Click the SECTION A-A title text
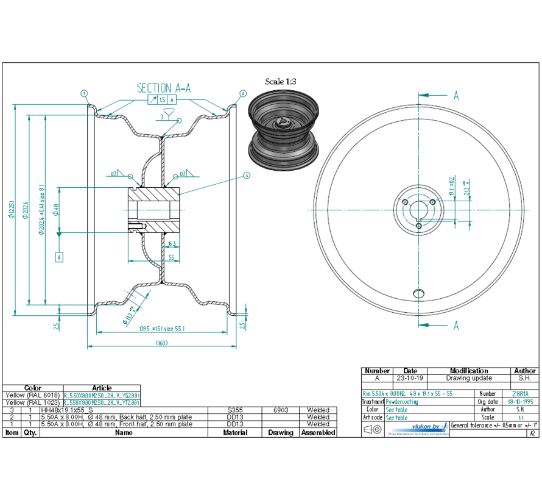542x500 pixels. pyautogui.click(x=164, y=88)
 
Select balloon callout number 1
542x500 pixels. pyautogui.click(x=84, y=93)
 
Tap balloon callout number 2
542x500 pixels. pyautogui.click(x=242, y=93)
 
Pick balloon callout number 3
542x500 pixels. pyautogui.click(x=247, y=176)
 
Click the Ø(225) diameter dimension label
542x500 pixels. pyautogui.click(x=12, y=210)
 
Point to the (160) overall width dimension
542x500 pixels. pyautogui.click(x=161, y=343)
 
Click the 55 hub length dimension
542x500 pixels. pyautogui.click(x=171, y=258)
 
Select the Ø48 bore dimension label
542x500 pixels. pyautogui.click(x=55, y=210)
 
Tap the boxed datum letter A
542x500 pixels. pyautogui.click(x=59, y=257)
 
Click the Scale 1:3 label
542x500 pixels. pyautogui.click(x=281, y=81)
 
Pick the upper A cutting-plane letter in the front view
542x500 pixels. pyautogui.click(x=456, y=95)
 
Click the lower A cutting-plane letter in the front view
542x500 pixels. pyautogui.click(x=456, y=326)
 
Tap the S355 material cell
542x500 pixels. pyautogui.click(x=235, y=410)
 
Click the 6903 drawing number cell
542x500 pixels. pyautogui.click(x=281, y=410)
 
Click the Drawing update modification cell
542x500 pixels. pyautogui.click(x=469, y=378)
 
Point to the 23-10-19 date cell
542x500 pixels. pyautogui.click(x=410, y=378)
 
